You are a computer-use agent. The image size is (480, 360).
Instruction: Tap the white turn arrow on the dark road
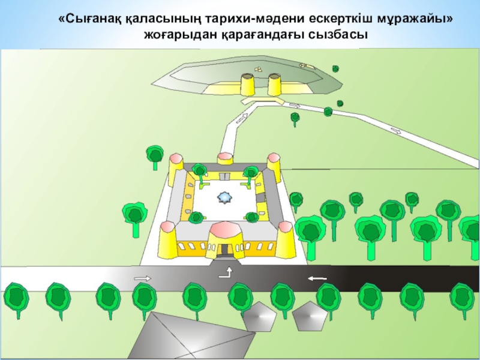pyautogui.click(x=226, y=274)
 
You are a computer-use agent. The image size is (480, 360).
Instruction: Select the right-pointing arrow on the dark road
pyautogui.click(x=142, y=278)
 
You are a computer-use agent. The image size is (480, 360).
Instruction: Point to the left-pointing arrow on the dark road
pyautogui.click(x=317, y=278)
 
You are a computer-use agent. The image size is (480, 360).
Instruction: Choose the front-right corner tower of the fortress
pyautogui.click(x=285, y=238)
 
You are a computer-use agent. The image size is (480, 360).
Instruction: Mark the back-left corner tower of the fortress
pyautogui.click(x=176, y=167)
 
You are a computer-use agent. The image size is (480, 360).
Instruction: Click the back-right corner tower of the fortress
pyautogui.click(x=274, y=166)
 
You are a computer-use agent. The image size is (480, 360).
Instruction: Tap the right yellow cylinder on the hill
pyautogui.click(x=275, y=85)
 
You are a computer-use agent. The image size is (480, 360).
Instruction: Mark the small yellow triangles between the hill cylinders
pyautogui.click(x=259, y=69)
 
